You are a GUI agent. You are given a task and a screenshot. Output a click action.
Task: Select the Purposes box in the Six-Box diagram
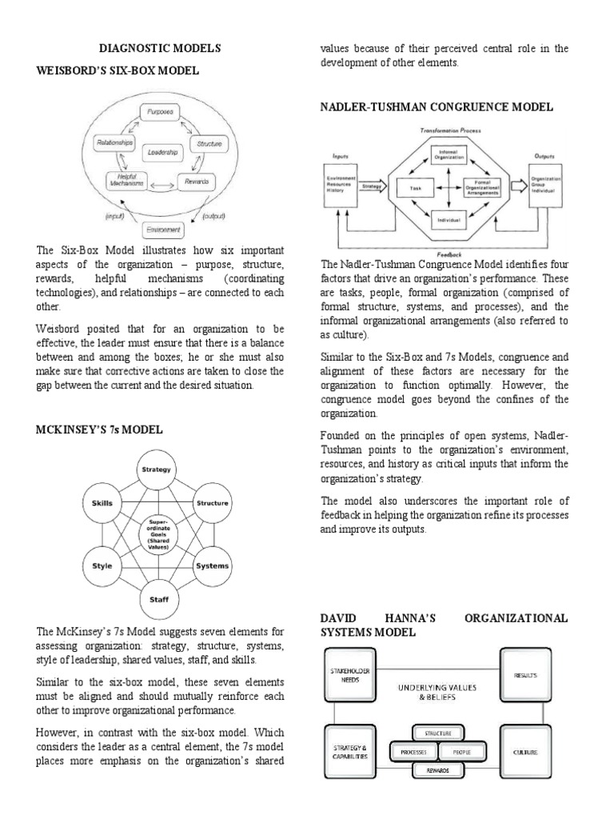[x=161, y=112]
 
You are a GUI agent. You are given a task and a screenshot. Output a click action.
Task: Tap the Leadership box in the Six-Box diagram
[x=161, y=150]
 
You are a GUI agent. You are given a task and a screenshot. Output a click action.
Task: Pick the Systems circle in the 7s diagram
[x=212, y=565]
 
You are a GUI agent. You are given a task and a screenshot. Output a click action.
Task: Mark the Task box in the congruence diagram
[x=416, y=188]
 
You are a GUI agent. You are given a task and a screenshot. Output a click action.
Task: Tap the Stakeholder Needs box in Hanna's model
[x=349, y=674]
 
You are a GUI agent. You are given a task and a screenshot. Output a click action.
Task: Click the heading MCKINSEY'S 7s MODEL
[x=100, y=429]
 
